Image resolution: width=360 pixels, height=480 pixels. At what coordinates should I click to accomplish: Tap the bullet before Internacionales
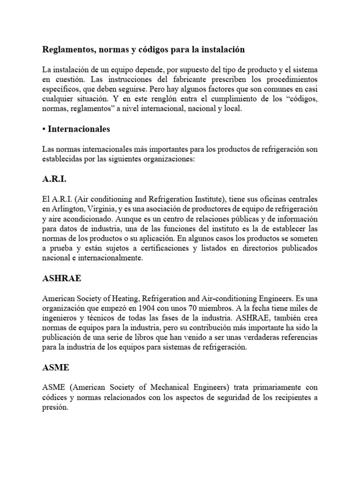44,128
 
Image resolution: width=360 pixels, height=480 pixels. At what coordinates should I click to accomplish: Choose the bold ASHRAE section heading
61,278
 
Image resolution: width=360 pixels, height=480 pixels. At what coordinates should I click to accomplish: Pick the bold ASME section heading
56,368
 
